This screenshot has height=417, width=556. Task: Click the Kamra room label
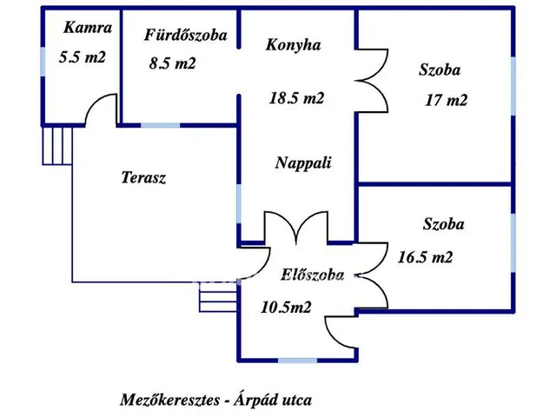click(88, 28)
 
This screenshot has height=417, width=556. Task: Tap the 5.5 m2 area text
click(83, 57)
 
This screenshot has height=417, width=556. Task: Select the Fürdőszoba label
click(186, 35)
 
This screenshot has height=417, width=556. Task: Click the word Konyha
click(294, 44)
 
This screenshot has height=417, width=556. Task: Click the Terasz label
click(143, 177)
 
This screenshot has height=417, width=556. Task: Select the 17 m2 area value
click(446, 100)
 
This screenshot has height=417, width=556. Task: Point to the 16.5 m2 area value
click(425, 257)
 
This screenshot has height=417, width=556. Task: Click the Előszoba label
click(313, 275)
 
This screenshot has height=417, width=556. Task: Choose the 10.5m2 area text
click(287, 306)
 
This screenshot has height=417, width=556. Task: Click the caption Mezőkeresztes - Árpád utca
click(215, 400)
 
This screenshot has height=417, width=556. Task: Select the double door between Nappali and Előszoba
click(297, 228)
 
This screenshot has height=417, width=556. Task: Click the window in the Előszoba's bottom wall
click(299, 360)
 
